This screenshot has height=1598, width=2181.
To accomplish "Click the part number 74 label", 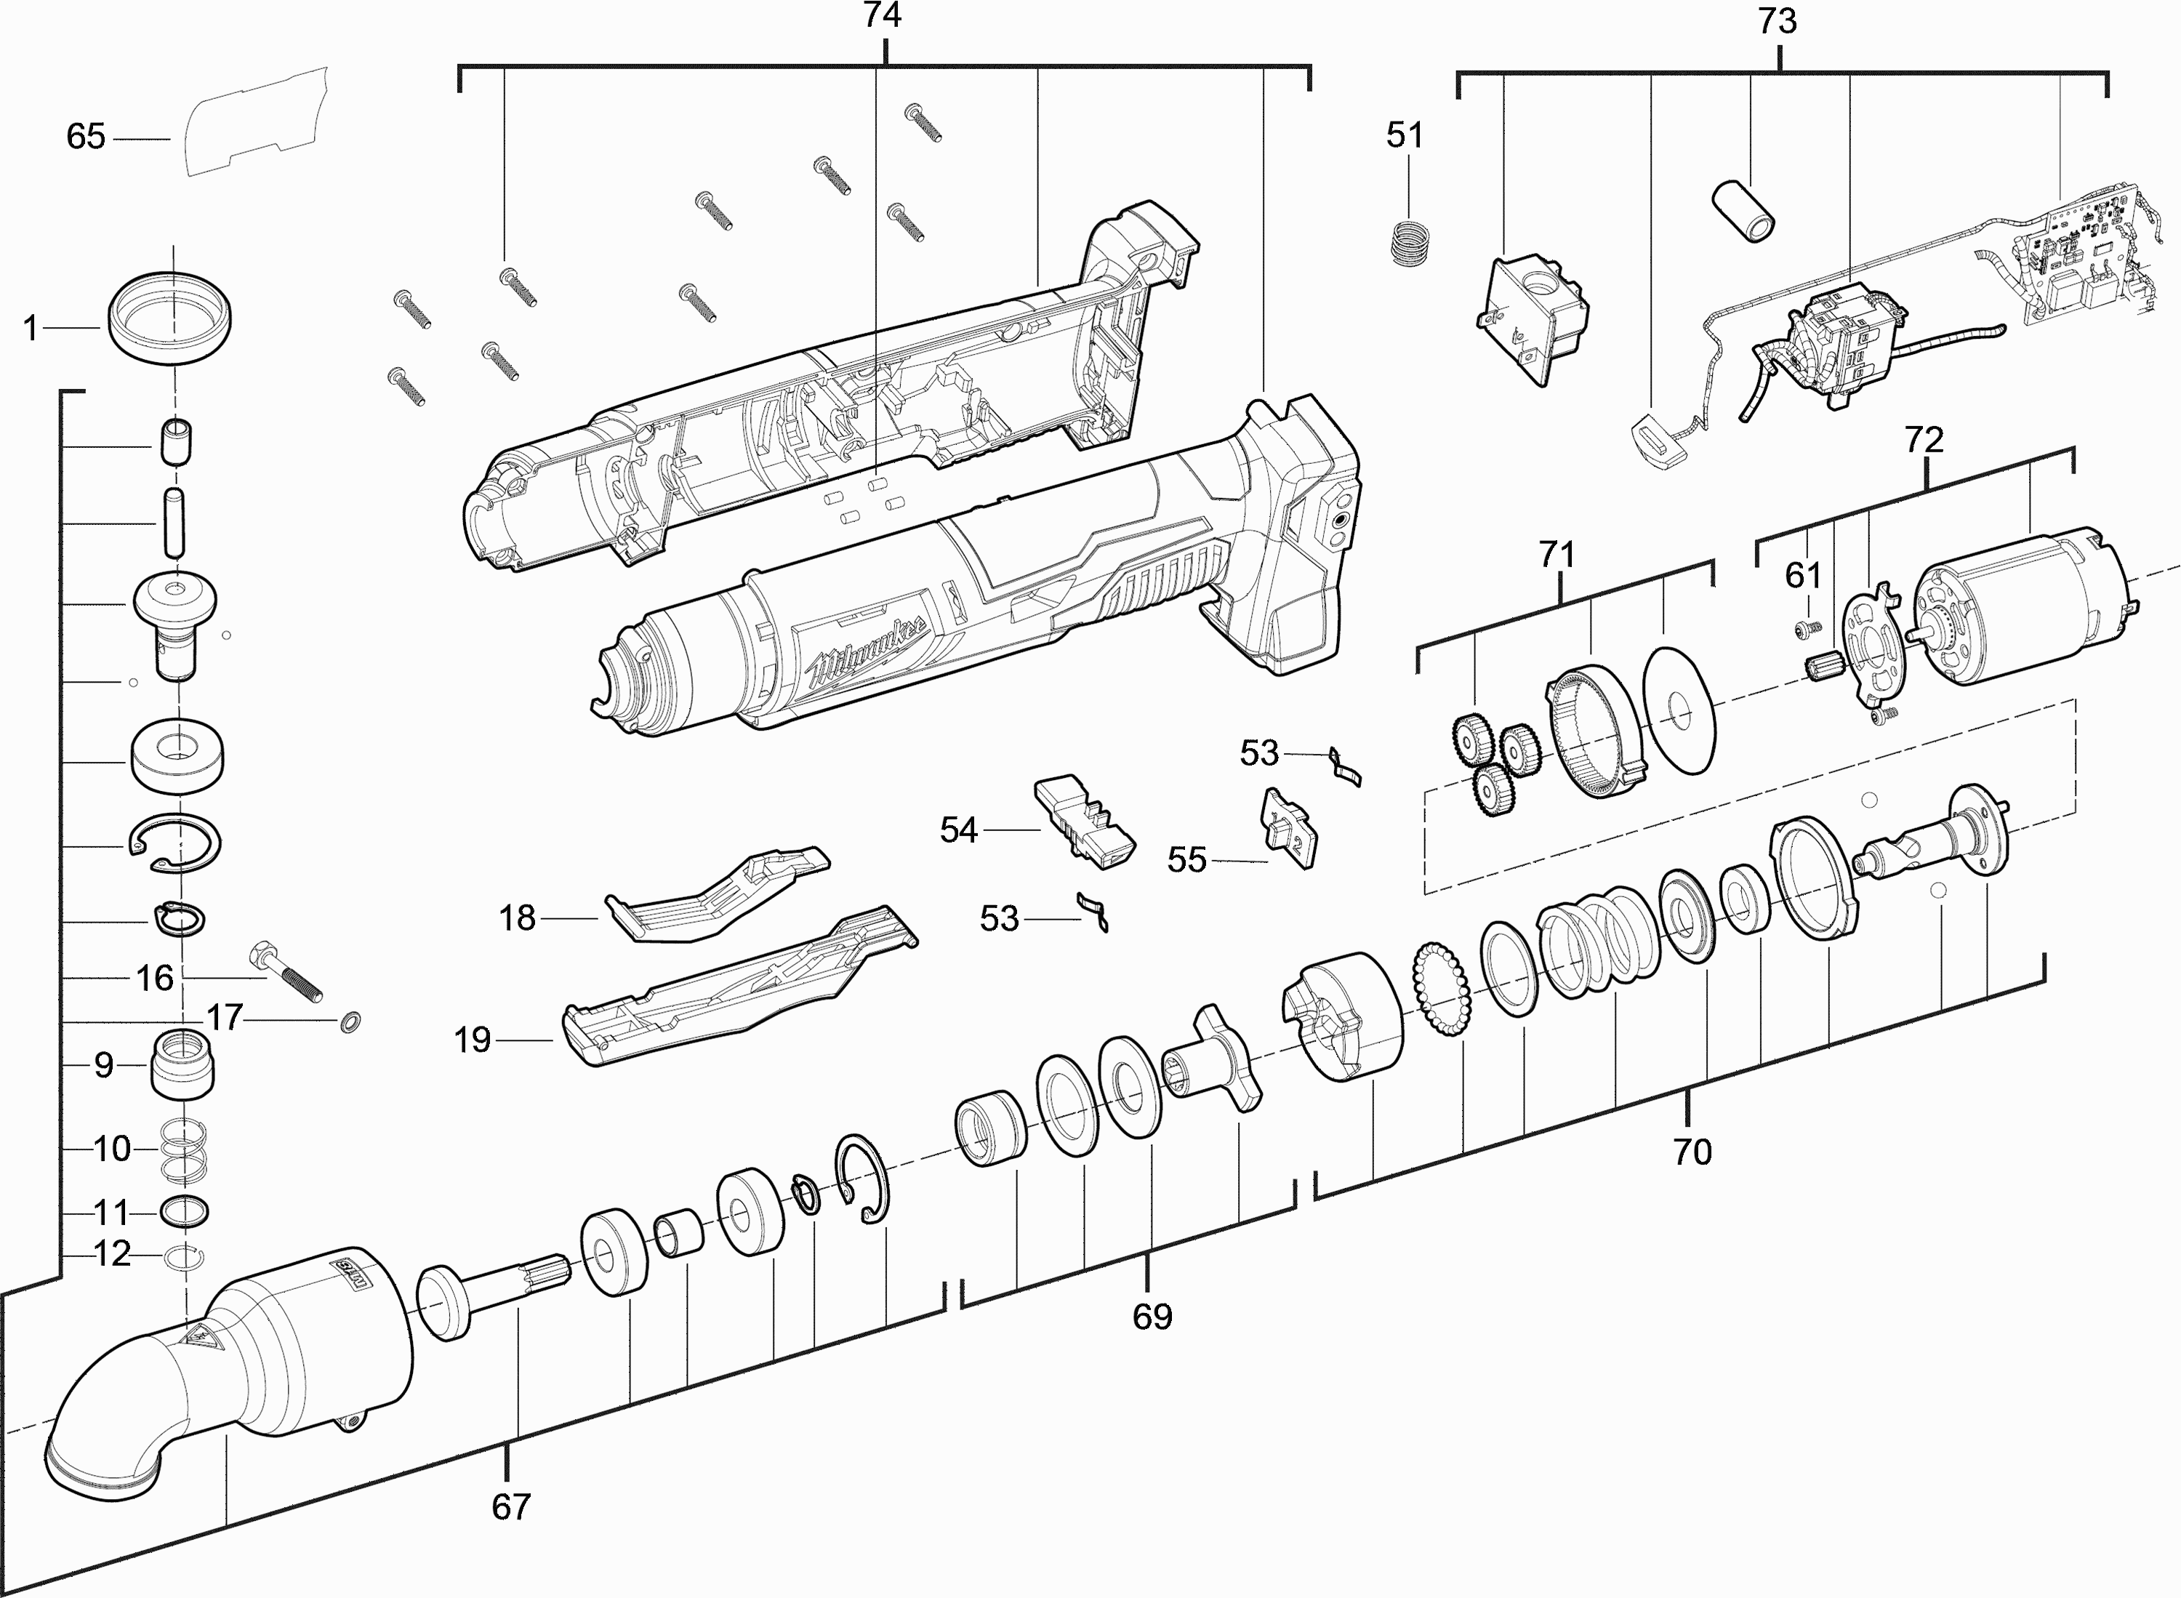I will [881, 17].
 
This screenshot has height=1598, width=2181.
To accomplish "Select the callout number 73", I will [1777, 21].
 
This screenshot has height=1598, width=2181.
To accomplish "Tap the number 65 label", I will [85, 137].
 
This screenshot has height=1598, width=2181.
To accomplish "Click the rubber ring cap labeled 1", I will [170, 318].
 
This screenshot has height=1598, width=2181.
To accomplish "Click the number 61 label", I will [1803, 576].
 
